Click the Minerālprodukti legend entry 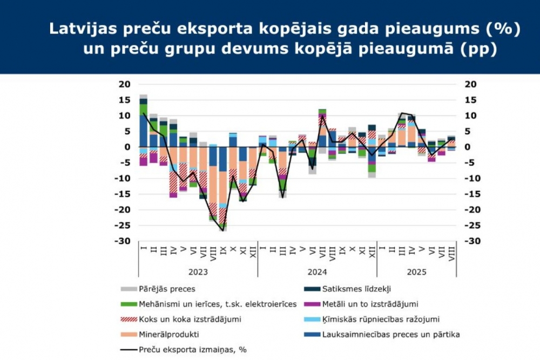(169, 334)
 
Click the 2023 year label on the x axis (198, 272)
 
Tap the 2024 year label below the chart (317, 272)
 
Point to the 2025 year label (416, 272)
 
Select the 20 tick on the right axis (470, 84)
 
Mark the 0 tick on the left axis (128, 147)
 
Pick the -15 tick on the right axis (470, 194)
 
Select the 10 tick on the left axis (126, 116)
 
